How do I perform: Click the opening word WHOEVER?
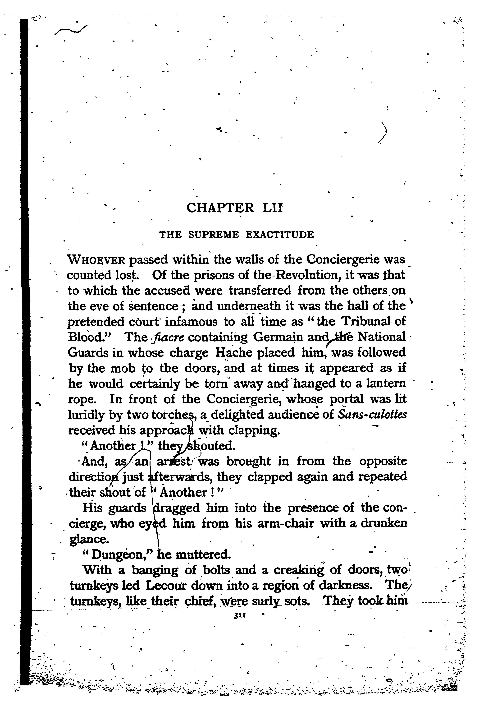96,260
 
